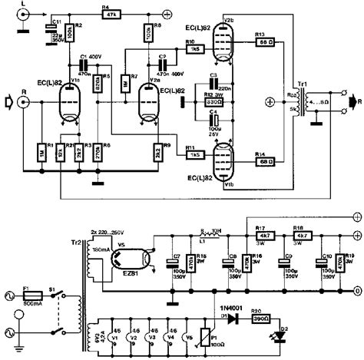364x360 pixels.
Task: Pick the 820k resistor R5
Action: pyautogui.click(x=98, y=84)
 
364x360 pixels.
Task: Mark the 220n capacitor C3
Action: pyautogui.click(x=214, y=83)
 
